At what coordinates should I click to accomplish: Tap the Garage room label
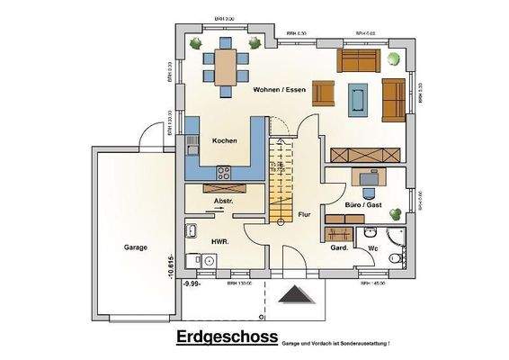[135, 247]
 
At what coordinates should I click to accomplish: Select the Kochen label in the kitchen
[224, 141]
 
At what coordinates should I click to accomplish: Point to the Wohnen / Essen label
[279, 90]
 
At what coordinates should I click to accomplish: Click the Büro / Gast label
[363, 206]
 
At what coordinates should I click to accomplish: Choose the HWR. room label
[219, 243]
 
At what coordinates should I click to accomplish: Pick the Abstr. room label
[223, 202]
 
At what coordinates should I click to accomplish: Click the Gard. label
[339, 247]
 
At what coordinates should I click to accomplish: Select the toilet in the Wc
[396, 259]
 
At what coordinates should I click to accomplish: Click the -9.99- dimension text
[192, 283]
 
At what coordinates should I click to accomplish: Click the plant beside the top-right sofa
[393, 58]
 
